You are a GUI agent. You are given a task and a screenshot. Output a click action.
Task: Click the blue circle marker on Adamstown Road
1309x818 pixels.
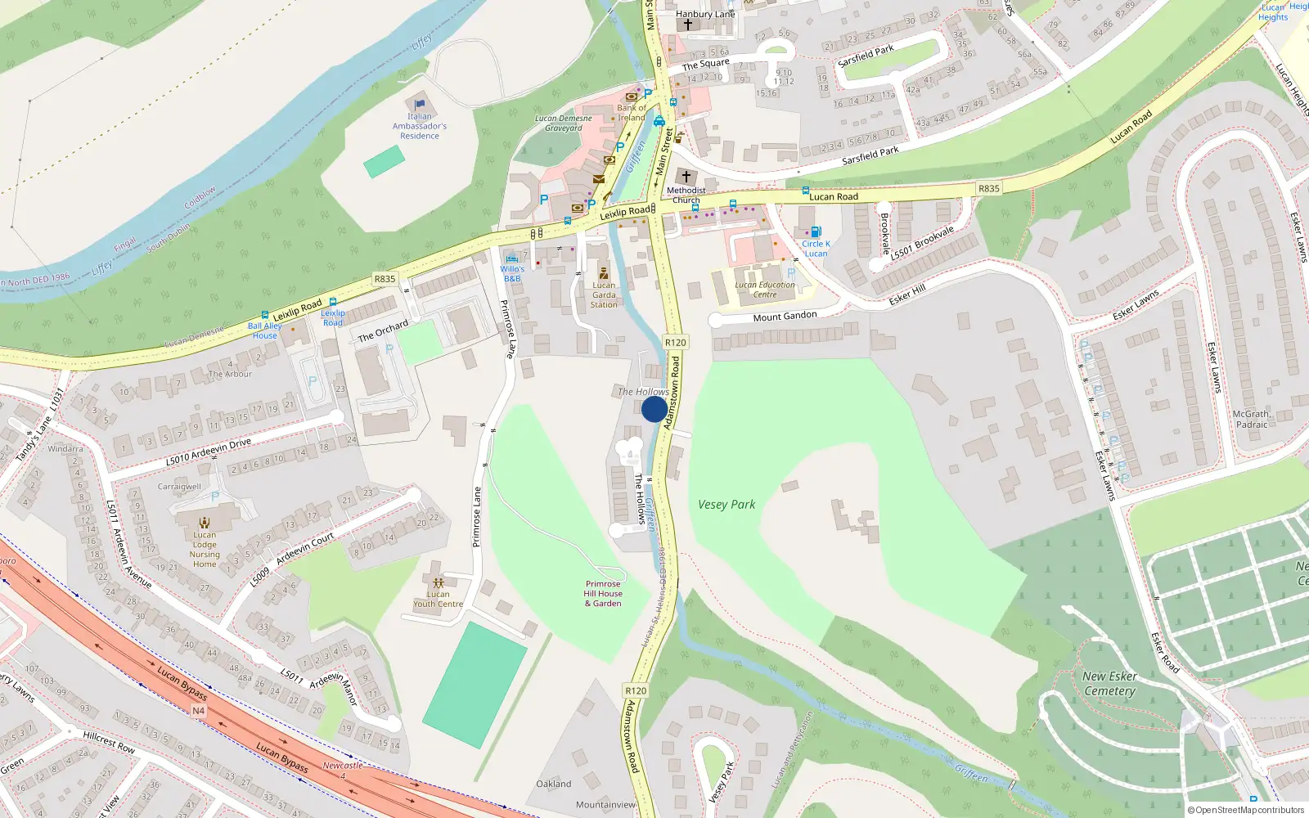(x=654, y=409)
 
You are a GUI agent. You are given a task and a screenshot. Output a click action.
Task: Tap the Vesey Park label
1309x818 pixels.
(x=726, y=505)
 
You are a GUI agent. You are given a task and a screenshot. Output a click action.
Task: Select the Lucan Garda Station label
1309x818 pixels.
(x=604, y=294)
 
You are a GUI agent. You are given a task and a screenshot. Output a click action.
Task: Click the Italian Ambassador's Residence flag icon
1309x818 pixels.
(x=420, y=104)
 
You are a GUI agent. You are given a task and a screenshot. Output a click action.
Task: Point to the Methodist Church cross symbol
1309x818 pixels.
(x=686, y=177)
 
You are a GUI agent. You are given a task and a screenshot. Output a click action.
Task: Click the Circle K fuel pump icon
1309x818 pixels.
(x=815, y=232)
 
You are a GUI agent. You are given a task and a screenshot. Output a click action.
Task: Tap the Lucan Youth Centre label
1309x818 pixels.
(x=438, y=600)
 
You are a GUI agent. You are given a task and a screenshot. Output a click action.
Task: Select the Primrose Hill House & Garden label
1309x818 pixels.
(x=603, y=594)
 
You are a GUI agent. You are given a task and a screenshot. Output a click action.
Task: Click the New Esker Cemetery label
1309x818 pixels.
(x=1109, y=683)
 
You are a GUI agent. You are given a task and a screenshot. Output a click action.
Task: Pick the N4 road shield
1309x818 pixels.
(x=198, y=711)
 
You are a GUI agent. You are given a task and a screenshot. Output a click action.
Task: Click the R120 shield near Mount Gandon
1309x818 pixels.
(x=675, y=343)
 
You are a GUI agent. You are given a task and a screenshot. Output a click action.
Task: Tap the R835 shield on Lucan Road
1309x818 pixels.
(x=988, y=188)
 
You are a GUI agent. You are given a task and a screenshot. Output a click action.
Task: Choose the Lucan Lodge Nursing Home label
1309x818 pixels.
(x=205, y=549)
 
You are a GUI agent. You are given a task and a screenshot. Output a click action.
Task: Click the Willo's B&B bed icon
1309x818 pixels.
(x=512, y=258)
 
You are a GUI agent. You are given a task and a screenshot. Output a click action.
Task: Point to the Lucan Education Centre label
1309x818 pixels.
(x=764, y=290)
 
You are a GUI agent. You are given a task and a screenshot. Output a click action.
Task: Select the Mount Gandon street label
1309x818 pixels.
(x=785, y=317)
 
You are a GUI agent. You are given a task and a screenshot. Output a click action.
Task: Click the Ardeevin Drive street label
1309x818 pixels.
(x=209, y=452)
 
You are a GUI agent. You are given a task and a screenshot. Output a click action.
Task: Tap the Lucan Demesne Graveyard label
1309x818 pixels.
(x=564, y=123)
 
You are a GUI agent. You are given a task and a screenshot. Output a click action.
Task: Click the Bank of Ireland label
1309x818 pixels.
(x=631, y=113)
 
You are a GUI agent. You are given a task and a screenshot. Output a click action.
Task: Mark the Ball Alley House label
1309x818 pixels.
(x=264, y=330)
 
